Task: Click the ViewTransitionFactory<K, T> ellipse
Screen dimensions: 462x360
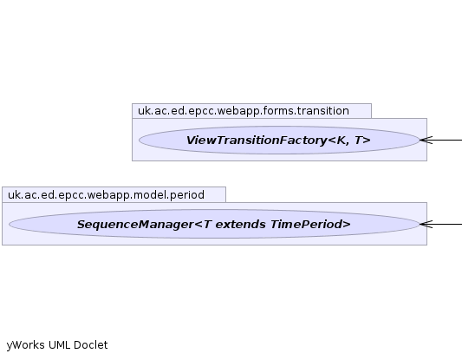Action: click(279, 140)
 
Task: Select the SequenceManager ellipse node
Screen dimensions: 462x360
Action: click(214, 224)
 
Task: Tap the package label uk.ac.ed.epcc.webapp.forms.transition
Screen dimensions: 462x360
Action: click(244, 111)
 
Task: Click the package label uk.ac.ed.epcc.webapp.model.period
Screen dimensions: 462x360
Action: click(106, 195)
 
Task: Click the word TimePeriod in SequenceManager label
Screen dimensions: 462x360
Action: click(310, 225)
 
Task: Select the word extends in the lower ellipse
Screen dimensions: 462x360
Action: click(240, 225)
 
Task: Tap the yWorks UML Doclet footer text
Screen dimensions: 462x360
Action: click(57, 345)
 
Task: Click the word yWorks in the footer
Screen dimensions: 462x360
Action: click(26, 345)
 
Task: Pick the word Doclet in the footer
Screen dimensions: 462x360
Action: click(91, 345)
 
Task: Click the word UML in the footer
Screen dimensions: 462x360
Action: click(59, 345)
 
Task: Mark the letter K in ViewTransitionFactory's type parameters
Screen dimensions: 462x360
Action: click(341, 141)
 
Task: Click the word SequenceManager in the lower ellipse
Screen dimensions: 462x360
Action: click(135, 225)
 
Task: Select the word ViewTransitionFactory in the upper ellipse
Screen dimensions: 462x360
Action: click(257, 141)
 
